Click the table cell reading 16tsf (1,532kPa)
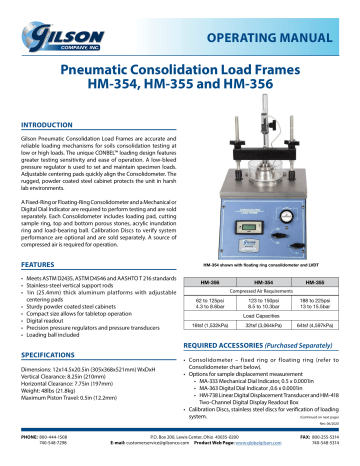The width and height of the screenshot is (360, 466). click(210, 341)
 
